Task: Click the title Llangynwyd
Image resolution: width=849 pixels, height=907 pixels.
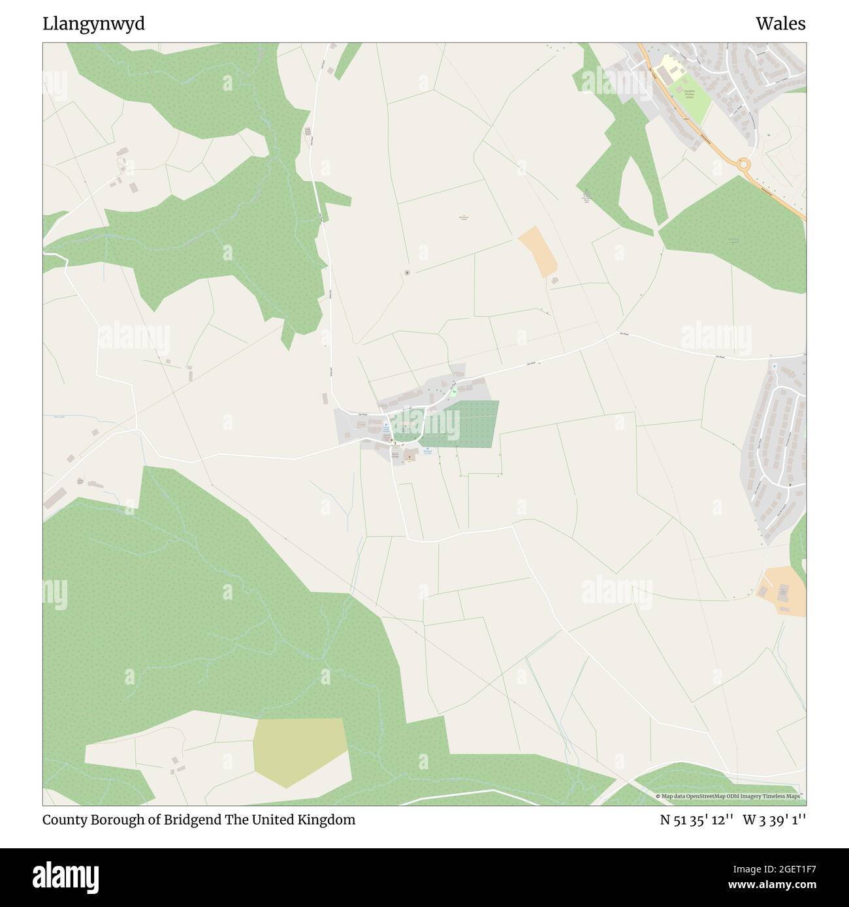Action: point(94,24)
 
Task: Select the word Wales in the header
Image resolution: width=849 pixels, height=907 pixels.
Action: point(780,24)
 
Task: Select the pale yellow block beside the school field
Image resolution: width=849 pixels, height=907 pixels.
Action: point(667,66)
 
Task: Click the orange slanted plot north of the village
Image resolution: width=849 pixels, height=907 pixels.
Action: point(539,251)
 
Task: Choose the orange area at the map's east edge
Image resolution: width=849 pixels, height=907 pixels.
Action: point(782,591)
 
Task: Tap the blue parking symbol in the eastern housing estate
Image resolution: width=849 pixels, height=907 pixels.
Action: point(775,367)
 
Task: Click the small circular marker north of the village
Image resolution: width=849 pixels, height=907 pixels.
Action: point(407,272)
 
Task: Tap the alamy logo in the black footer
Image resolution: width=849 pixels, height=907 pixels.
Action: point(66,876)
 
